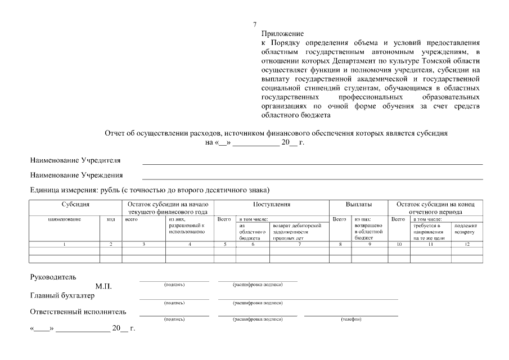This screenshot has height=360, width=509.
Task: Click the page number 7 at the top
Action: tap(255, 25)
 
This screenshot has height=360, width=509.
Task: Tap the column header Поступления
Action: tap(272, 204)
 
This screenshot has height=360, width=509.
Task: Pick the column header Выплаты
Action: tap(359, 204)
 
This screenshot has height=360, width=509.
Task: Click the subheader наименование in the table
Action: tap(65, 219)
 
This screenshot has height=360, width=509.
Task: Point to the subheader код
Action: tap(111, 219)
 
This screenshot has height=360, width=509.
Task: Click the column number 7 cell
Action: tap(299, 244)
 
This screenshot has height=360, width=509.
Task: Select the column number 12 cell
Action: tap(466, 244)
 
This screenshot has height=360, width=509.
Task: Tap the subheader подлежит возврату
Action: tap(466, 228)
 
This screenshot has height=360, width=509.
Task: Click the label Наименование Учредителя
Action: tap(75, 161)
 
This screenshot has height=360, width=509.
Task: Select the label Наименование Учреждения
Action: tap(76, 175)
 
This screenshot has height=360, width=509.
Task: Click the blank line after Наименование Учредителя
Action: tap(312, 163)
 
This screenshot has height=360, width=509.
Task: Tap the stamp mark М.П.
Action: tap(103, 286)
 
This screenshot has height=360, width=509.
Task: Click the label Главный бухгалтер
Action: tap(62, 295)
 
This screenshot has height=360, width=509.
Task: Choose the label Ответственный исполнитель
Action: tap(78, 312)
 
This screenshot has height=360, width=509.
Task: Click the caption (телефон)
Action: tap(351, 319)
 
